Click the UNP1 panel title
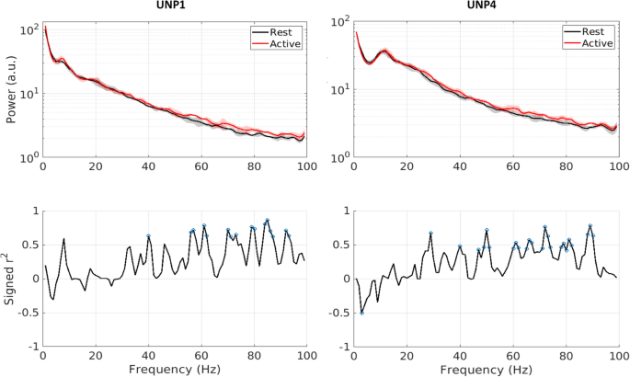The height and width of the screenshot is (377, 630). pos(174,6)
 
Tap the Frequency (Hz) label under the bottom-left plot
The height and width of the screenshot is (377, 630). pos(175,368)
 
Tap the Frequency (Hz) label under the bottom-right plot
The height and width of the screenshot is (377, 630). pos(487,368)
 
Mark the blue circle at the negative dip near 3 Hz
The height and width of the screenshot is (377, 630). pos(362,313)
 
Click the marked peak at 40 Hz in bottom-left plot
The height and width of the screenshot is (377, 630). pos(148,236)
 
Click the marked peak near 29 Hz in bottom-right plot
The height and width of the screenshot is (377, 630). pos(430,234)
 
